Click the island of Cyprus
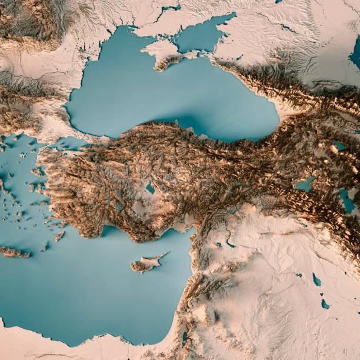pyautogui.click(x=145, y=265)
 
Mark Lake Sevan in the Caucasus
pyautogui.click(x=340, y=145)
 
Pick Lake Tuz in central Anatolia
pyautogui.click(x=151, y=189)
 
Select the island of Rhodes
pyautogui.click(x=59, y=236)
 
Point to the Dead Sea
pyautogui.click(x=184, y=338)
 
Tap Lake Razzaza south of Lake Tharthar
pyautogui.click(x=325, y=304)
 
